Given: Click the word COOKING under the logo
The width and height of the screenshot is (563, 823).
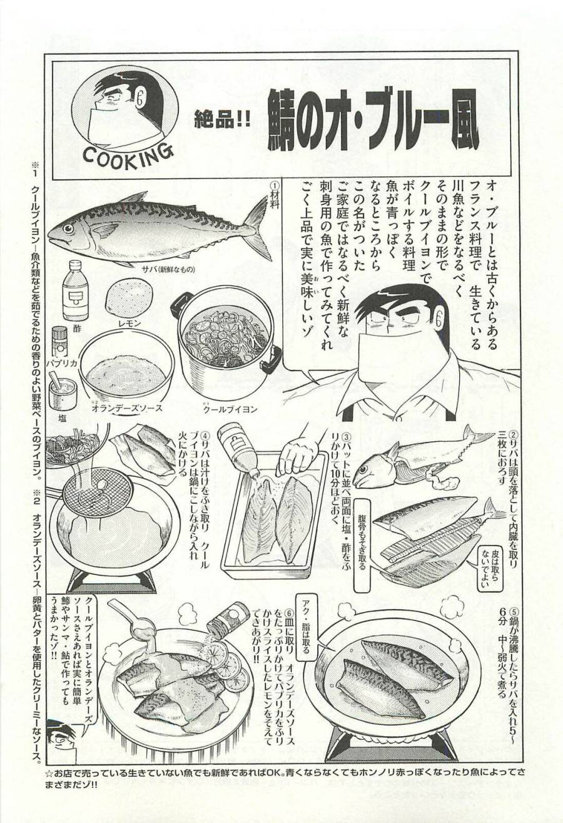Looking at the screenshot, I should pyautogui.click(x=127, y=155).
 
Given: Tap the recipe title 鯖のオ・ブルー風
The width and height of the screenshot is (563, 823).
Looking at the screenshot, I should pyautogui.click(x=372, y=121).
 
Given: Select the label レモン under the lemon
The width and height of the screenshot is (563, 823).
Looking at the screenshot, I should pyautogui.click(x=128, y=323).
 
